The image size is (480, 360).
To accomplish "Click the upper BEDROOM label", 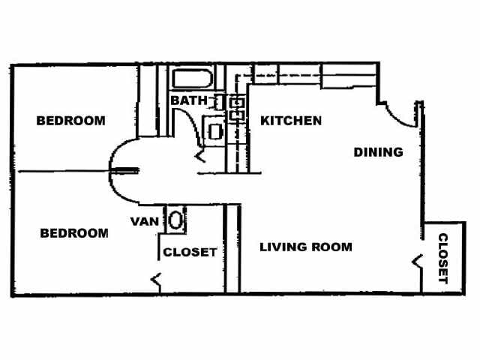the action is click(70, 120).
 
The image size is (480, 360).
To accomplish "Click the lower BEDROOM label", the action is click(73, 233).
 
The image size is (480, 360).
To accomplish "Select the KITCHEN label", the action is click(291, 120).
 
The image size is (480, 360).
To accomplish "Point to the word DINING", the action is click(378, 152).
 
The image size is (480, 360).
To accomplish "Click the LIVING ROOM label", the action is click(306, 247).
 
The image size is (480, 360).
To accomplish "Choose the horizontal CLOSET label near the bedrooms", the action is click(190, 252).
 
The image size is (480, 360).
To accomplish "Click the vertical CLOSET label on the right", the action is click(442, 259).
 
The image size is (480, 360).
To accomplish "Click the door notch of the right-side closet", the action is click(417, 262).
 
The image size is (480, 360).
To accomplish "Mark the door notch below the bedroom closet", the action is click(156, 280).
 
